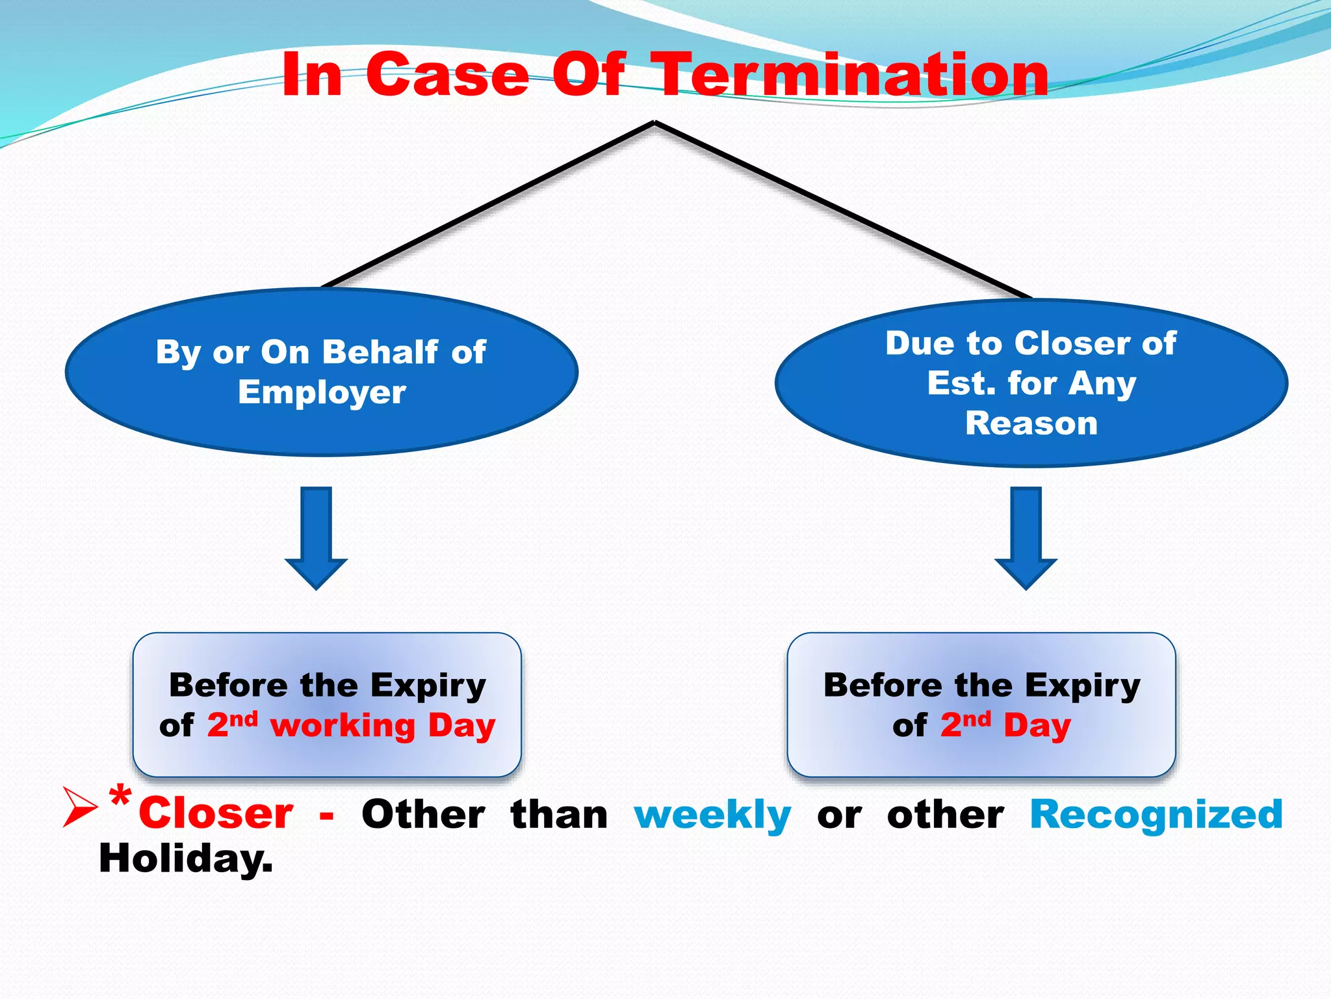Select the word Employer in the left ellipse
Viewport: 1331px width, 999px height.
(x=322, y=392)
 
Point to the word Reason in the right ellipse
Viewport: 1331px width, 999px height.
(x=1031, y=423)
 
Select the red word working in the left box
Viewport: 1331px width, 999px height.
(x=342, y=725)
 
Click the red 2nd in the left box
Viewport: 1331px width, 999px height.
(x=231, y=724)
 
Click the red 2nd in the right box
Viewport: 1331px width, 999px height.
(x=965, y=724)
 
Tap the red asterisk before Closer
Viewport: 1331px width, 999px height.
(x=120, y=797)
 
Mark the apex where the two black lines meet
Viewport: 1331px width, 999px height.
(x=654, y=122)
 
